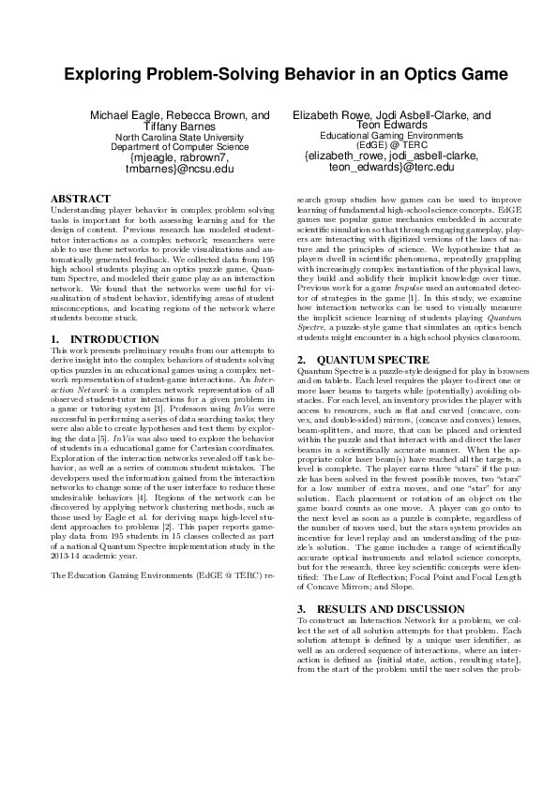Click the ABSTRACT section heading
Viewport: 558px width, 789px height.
click(78, 200)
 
